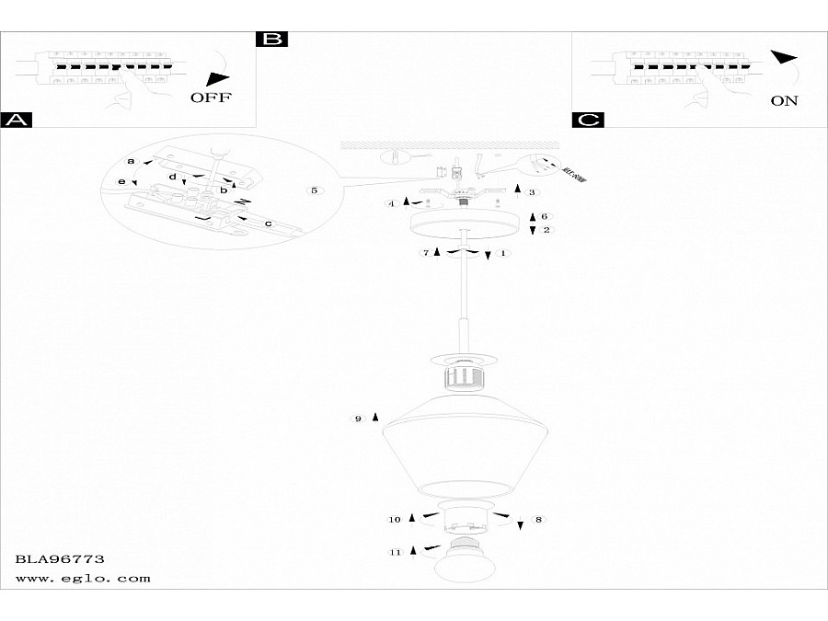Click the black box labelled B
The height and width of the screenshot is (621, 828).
(x=271, y=39)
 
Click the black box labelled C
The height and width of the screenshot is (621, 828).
(x=586, y=120)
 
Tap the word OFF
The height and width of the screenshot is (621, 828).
(x=212, y=97)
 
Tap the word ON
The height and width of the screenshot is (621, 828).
(x=784, y=100)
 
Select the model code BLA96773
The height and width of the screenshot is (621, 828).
(x=60, y=558)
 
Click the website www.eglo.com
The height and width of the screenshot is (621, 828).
(x=83, y=579)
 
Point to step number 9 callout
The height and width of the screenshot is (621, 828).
(x=359, y=419)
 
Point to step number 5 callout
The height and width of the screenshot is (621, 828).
(x=315, y=190)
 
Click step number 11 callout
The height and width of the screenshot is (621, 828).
(x=396, y=552)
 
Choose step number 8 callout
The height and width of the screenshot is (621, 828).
(x=538, y=520)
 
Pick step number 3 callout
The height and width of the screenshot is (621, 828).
(x=531, y=191)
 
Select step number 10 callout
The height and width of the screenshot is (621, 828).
(x=395, y=520)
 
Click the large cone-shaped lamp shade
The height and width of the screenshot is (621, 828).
(x=459, y=446)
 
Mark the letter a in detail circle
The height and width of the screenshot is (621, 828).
(x=131, y=161)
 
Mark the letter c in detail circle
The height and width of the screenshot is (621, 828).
(x=268, y=224)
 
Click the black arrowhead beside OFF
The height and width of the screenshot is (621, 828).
(x=217, y=78)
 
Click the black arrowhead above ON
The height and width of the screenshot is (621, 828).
(x=784, y=58)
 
